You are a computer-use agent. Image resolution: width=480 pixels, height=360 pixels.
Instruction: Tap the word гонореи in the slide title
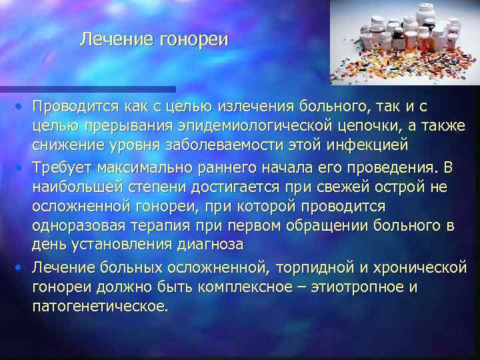coord(193,40)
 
